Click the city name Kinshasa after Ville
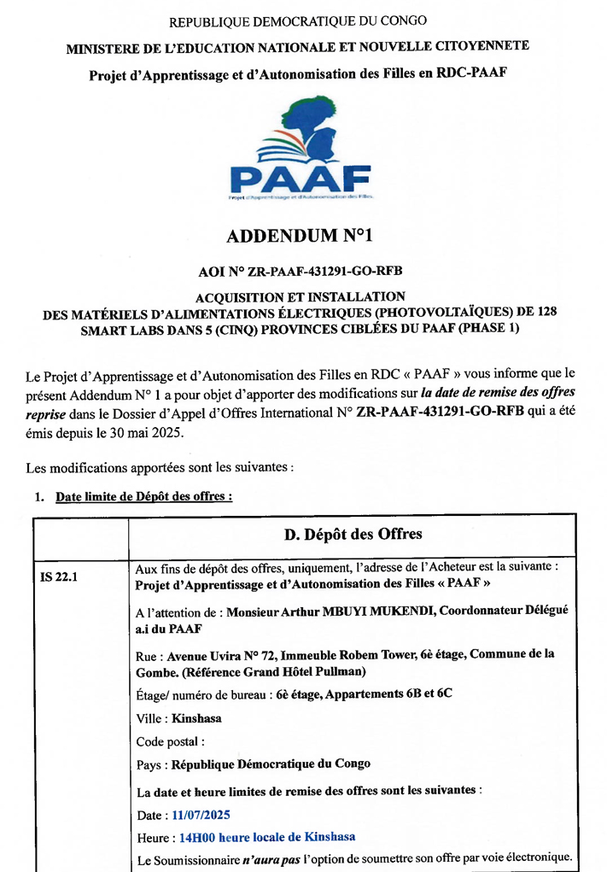pyautogui.click(x=196, y=718)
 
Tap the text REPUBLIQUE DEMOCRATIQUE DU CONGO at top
pyautogui.click(x=298, y=20)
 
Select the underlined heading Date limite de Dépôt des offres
pyautogui.click(x=143, y=496)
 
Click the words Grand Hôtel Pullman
pyautogui.click(x=319, y=671)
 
